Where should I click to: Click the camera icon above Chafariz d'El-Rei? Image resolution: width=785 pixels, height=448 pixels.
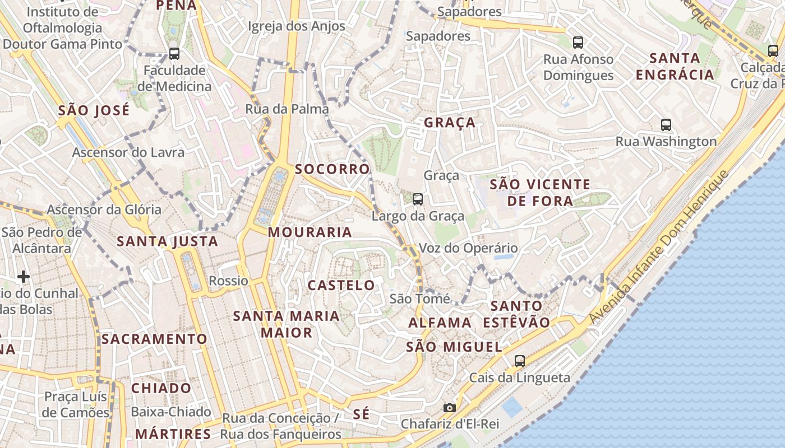click(449, 408)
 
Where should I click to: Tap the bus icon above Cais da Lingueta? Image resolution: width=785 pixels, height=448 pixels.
click(520, 361)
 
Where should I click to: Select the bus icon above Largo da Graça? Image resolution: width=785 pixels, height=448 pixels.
click(417, 199)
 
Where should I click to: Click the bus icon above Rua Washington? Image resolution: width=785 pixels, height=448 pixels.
click(666, 125)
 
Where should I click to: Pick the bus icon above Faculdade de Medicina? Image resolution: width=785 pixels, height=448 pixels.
click(174, 54)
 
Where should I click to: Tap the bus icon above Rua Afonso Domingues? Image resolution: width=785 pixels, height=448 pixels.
click(578, 42)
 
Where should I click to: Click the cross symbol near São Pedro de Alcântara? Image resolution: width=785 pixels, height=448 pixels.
click(24, 277)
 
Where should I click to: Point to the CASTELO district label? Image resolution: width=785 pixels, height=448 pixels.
click(341, 285)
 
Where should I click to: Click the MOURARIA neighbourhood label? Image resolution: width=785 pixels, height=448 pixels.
click(310, 232)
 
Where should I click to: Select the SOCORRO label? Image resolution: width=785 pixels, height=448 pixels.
click(333, 169)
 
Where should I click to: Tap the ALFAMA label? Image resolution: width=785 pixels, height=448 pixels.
click(440, 323)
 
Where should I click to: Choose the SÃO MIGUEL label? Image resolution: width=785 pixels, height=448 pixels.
click(454, 347)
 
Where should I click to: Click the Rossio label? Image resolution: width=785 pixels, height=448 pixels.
click(228, 281)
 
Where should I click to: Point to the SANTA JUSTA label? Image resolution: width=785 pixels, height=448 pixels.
click(167, 241)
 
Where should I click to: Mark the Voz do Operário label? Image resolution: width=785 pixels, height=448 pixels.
click(469, 248)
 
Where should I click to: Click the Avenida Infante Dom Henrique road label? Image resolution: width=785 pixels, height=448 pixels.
click(659, 246)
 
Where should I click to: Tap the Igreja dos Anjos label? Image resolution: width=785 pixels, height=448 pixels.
click(297, 26)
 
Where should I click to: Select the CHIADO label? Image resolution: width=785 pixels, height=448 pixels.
click(161, 388)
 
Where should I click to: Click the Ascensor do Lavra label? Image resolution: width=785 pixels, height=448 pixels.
click(128, 152)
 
